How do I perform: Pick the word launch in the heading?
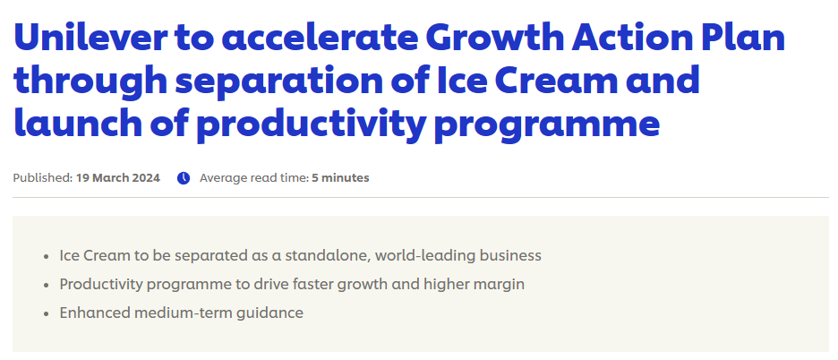pyautogui.click(x=78, y=123)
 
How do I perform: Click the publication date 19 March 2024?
pyautogui.click(x=117, y=178)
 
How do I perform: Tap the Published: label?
pyautogui.click(x=43, y=178)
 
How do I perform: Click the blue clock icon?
pyautogui.click(x=184, y=178)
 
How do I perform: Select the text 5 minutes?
pyautogui.click(x=340, y=178)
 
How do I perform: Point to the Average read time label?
pyautogui.click(x=254, y=178)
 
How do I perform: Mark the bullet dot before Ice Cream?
pyautogui.click(x=47, y=257)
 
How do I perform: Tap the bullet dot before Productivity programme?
pyautogui.click(x=47, y=285)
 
